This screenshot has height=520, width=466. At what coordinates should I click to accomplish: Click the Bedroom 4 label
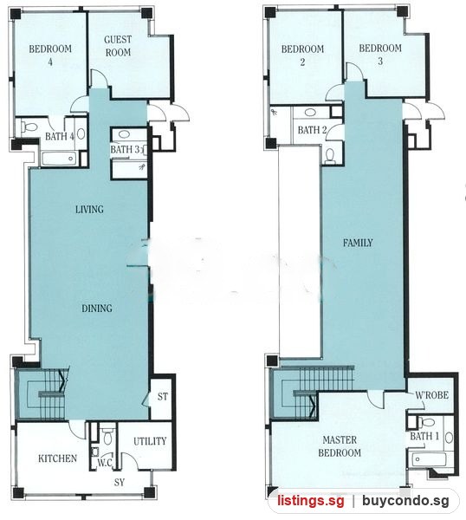(x=50, y=55)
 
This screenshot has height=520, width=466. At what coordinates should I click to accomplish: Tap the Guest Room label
(x=118, y=46)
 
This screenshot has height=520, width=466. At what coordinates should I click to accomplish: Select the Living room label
(x=89, y=209)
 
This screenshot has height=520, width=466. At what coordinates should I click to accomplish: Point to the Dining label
(x=97, y=308)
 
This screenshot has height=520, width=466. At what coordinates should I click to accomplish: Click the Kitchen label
(x=58, y=458)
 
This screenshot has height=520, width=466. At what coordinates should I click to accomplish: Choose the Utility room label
(x=150, y=441)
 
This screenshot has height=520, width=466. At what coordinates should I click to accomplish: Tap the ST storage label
(x=162, y=396)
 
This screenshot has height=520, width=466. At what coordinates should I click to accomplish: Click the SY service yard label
(x=120, y=482)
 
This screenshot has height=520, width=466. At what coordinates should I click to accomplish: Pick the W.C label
(x=105, y=463)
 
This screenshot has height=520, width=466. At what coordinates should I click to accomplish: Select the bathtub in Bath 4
(x=60, y=159)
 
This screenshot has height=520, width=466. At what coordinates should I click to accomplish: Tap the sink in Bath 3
(x=124, y=134)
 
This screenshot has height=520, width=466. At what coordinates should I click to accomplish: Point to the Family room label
(x=358, y=243)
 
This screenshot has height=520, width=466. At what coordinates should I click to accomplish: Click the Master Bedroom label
(x=340, y=446)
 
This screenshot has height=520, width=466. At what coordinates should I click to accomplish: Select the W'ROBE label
(x=432, y=395)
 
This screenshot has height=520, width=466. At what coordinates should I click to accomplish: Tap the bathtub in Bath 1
(x=429, y=459)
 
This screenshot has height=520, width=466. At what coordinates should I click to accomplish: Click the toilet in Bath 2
(x=330, y=155)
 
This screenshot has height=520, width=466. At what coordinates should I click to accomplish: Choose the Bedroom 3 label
(x=380, y=55)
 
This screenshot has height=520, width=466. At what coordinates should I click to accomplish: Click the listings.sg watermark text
(x=311, y=500)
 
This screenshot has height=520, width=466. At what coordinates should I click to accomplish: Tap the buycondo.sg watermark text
(x=405, y=500)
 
